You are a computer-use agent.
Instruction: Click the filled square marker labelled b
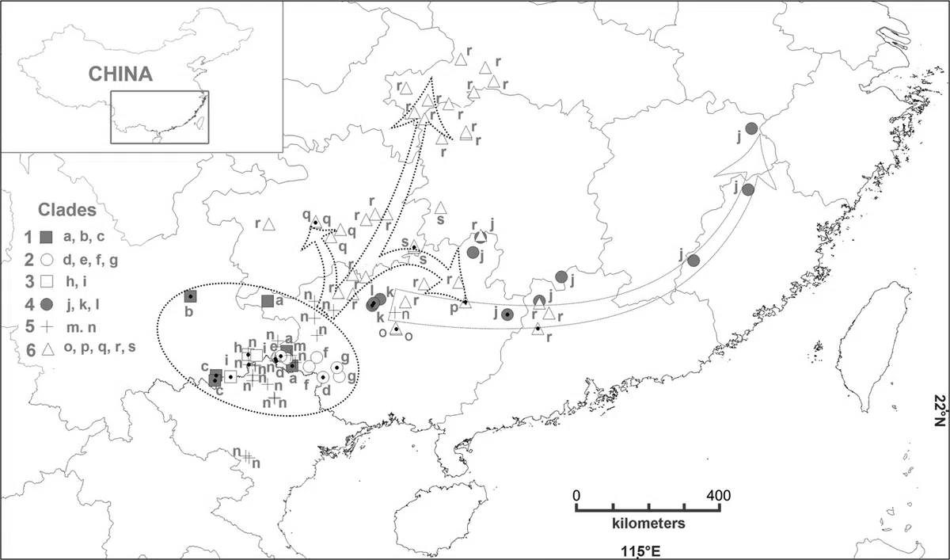pyautogui.click(x=190, y=296)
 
